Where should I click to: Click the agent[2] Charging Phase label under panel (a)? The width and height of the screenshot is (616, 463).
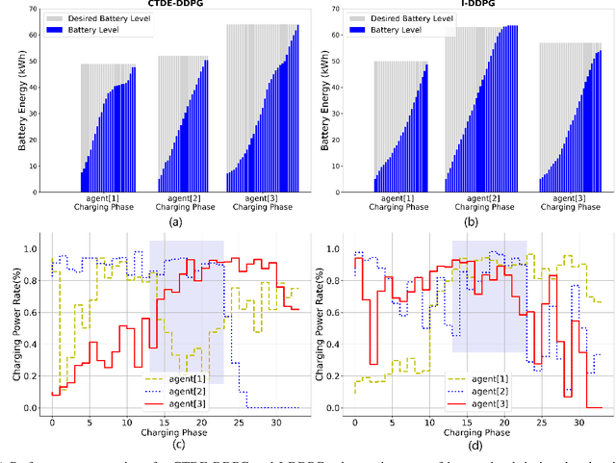pyautogui.click(x=181, y=203)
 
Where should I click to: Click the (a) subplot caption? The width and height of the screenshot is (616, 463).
pyautogui.click(x=174, y=222)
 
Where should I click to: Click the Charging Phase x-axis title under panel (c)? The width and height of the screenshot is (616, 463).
pyautogui.click(x=174, y=433)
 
